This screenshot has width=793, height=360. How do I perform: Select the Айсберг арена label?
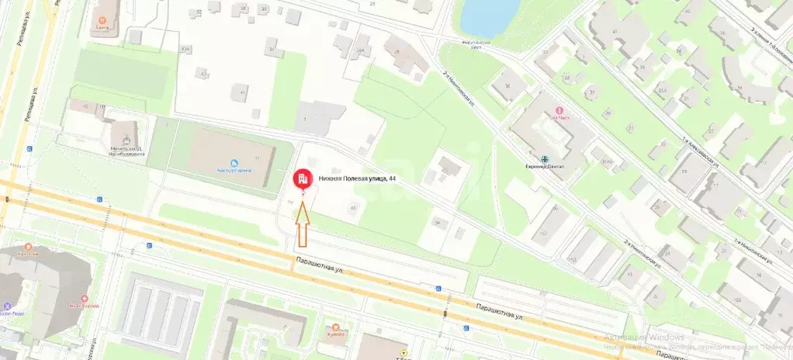point(232,171)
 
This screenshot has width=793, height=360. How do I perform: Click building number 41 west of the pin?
point(243,92)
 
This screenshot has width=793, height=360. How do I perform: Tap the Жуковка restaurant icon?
point(334,328)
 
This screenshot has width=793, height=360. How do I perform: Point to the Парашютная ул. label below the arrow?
point(319,268)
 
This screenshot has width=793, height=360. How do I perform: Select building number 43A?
point(185,49)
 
